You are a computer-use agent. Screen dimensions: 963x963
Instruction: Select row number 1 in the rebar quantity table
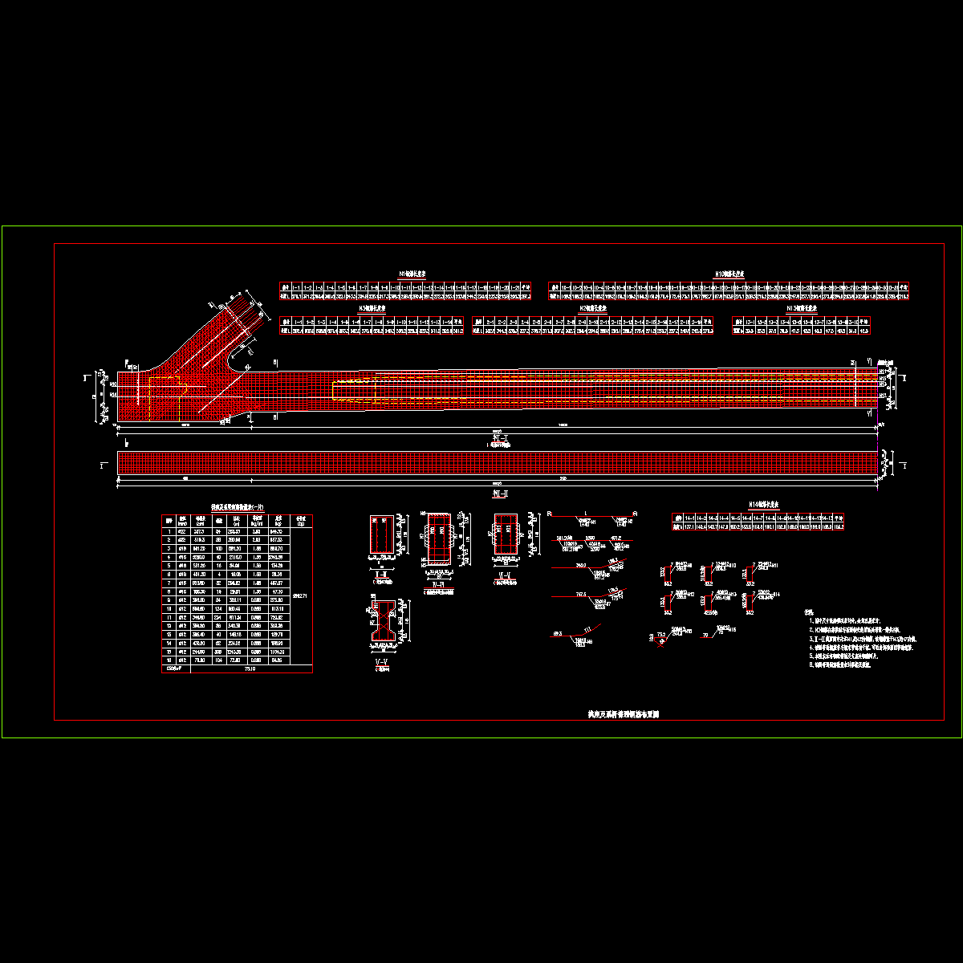[169, 531]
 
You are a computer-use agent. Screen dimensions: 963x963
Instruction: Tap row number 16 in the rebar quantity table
[169, 660]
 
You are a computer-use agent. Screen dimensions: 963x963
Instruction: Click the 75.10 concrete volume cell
[250, 668]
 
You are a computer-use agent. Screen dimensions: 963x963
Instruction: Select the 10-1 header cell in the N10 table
[566, 286]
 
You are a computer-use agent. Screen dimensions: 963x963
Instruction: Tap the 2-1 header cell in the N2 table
[490, 321]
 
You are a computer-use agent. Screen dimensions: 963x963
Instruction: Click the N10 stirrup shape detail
[709, 573]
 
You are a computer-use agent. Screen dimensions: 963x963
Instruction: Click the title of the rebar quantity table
[237, 507]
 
